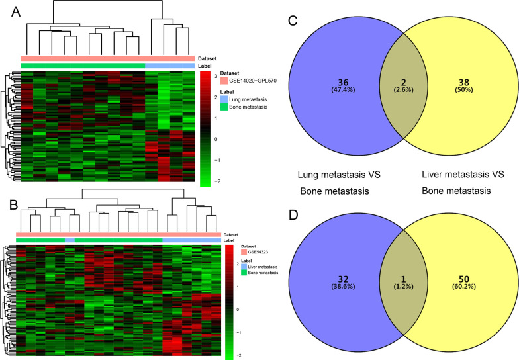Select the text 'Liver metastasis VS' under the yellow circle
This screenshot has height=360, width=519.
pyautogui.click(x=463, y=175)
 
